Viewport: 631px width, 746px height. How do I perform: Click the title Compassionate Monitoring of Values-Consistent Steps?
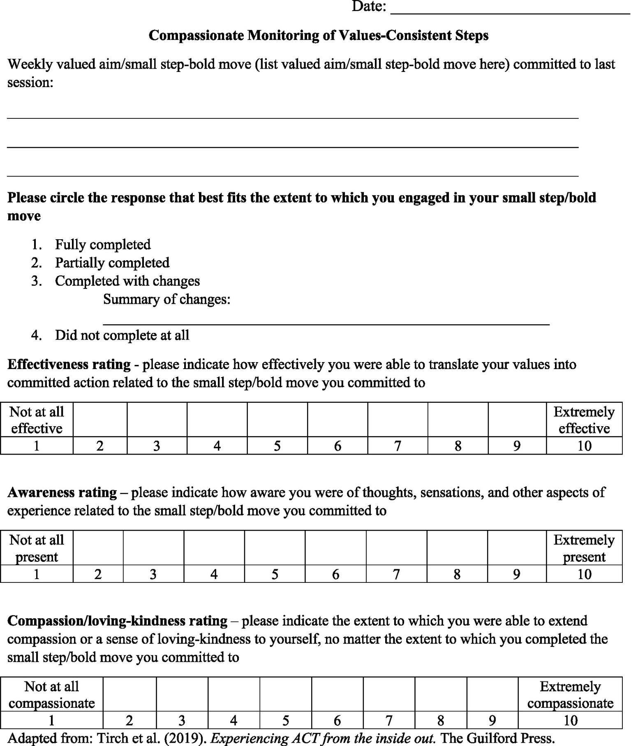point(318,35)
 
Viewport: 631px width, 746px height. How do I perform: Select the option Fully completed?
point(103,245)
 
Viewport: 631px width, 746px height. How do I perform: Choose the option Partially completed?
point(112,263)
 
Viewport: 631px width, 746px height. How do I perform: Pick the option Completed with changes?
point(127,281)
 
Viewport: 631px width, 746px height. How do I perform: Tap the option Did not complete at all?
point(122,335)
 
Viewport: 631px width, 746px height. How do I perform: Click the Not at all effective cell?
point(37,420)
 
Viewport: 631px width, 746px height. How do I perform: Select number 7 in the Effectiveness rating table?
point(398,446)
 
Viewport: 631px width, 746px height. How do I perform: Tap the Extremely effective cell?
point(584,420)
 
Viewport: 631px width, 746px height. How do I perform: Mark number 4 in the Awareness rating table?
point(214,574)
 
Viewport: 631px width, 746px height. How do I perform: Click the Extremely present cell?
point(584,548)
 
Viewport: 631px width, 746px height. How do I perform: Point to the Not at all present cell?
point(37,548)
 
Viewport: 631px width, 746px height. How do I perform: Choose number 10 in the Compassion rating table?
point(570,720)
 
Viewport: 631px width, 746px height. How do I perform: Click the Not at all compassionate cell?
point(51,695)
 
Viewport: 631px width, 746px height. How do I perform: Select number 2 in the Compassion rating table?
point(129,720)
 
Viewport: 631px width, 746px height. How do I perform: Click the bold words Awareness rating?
point(62,492)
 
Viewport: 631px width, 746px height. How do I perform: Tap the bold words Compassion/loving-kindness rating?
point(117,621)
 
